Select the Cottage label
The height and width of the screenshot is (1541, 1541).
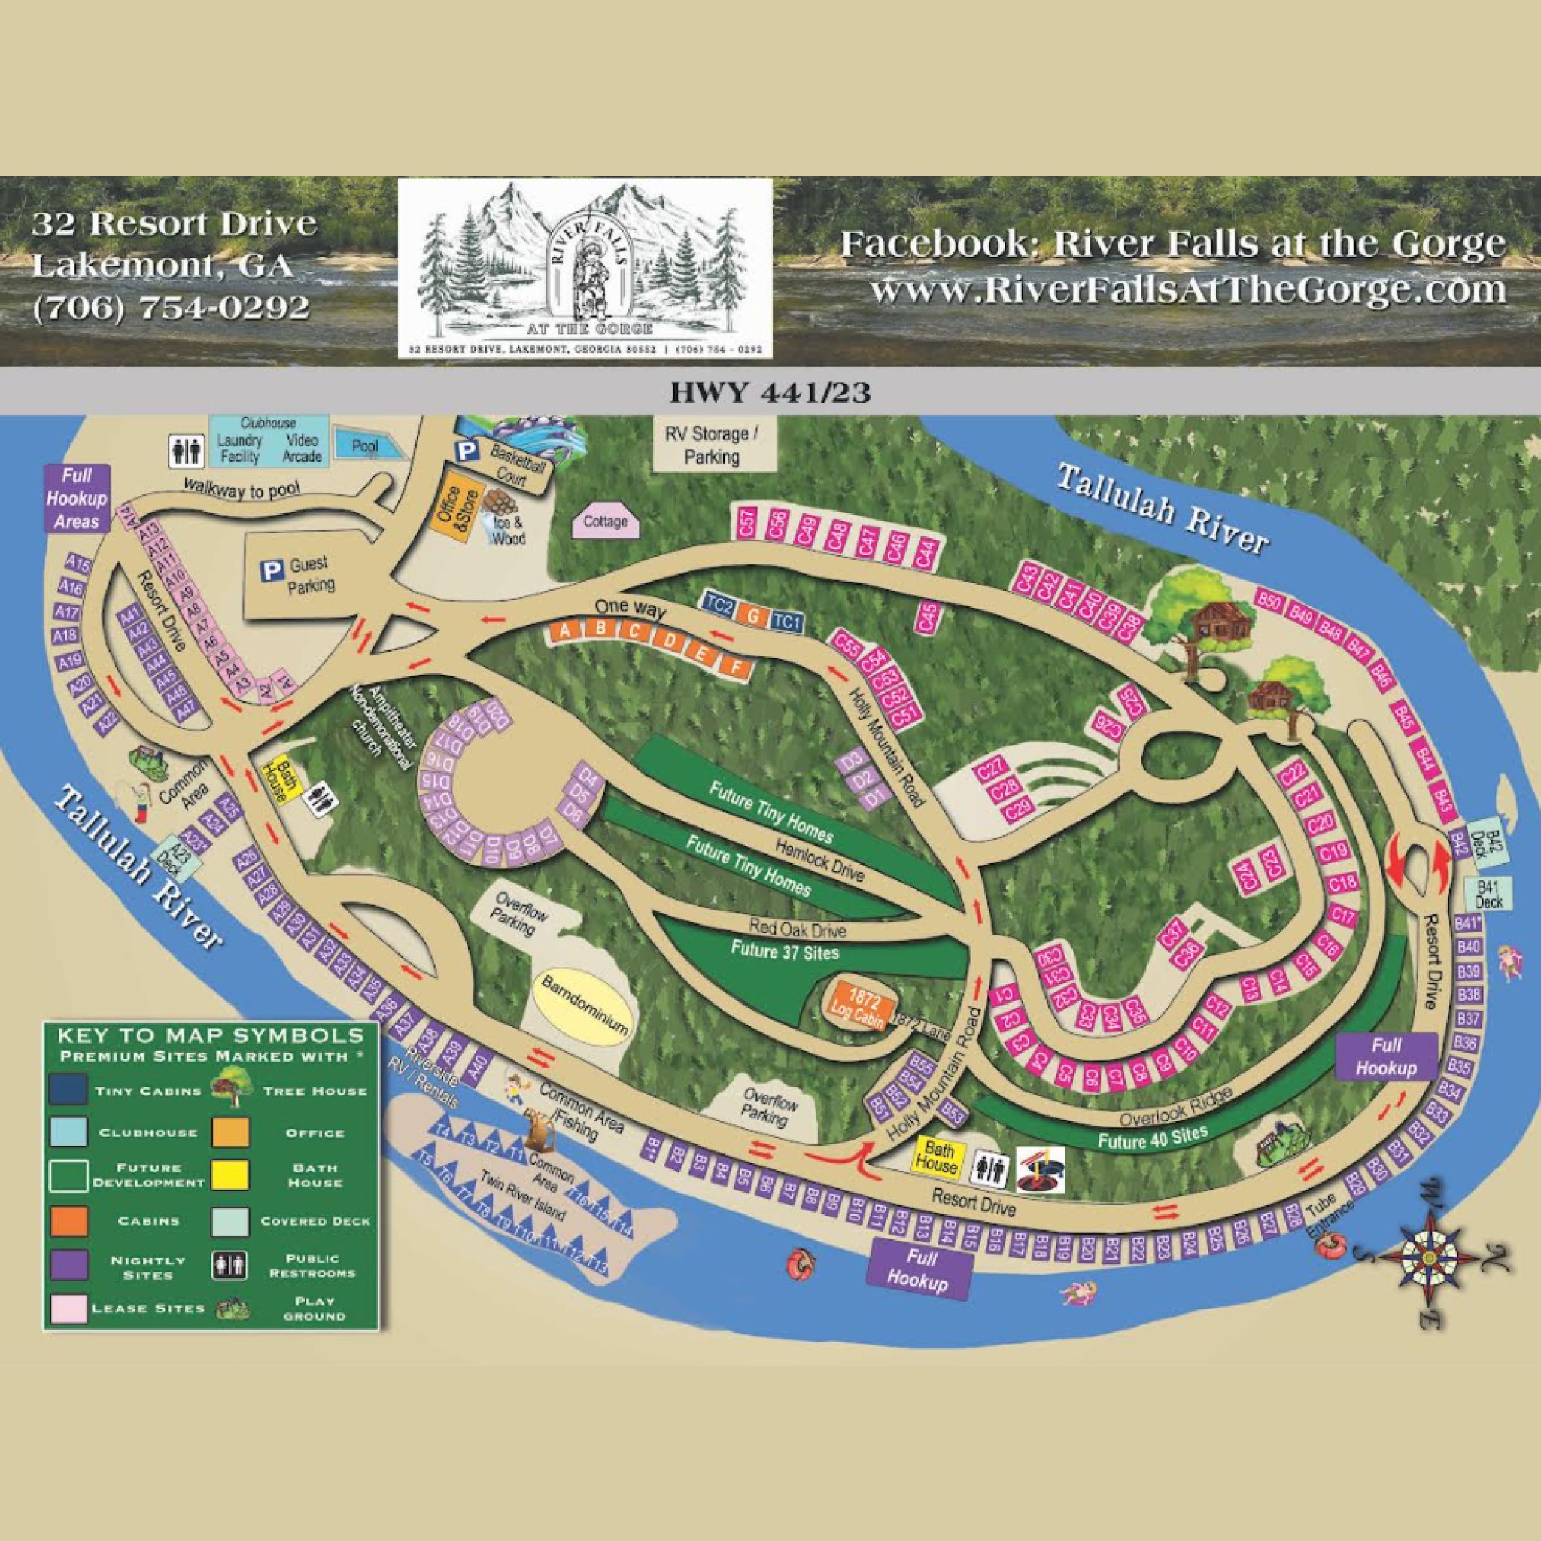(x=606, y=521)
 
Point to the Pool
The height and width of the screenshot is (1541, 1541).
(x=366, y=448)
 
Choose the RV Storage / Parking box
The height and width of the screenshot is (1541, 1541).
(x=713, y=445)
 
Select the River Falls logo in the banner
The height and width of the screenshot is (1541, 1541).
(x=585, y=269)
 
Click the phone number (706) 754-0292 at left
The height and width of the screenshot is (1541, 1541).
(x=171, y=306)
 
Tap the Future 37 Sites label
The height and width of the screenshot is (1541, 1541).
(x=785, y=950)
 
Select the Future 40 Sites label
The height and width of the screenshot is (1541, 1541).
(x=1153, y=1135)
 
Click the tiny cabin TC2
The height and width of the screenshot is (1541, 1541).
(x=719, y=606)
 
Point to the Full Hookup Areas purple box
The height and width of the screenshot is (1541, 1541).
(x=77, y=499)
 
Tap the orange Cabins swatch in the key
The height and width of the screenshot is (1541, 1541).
(x=68, y=1221)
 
